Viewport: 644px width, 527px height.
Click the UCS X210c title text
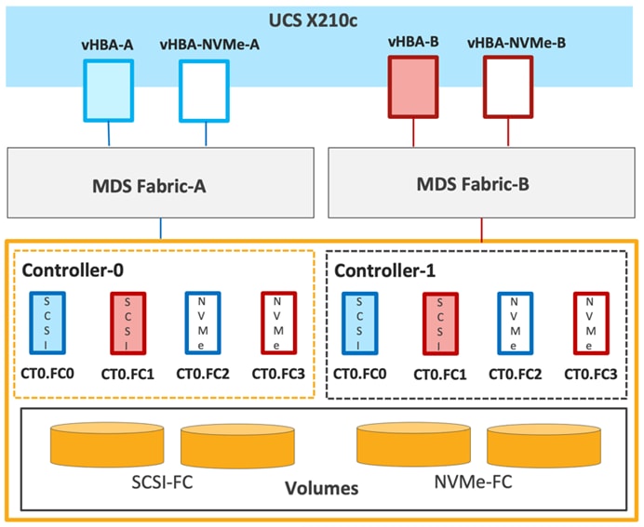[x=321, y=20]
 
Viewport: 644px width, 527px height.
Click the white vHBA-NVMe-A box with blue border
[x=204, y=90]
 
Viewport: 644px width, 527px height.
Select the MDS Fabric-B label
[x=482, y=184]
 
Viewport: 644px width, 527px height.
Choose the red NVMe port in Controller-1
[x=590, y=323]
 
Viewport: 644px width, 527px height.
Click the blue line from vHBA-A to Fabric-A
[x=110, y=134]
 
